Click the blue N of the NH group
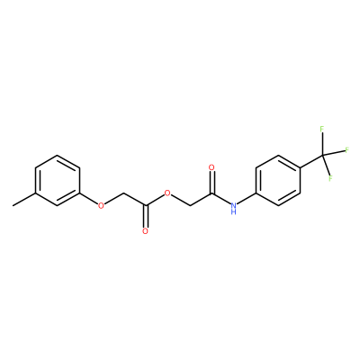(234, 205)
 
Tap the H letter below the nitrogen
(234, 212)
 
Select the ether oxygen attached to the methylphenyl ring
(101, 205)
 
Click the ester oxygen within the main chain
(167, 193)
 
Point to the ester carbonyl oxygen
(146, 231)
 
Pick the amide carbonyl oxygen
(211, 167)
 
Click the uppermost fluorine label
(322, 130)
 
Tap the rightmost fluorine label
(347, 149)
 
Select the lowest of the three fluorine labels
(331, 178)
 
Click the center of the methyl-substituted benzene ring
(58, 180)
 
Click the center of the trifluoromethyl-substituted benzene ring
(278, 180)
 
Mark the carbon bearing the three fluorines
(322, 155)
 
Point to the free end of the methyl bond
(13, 206)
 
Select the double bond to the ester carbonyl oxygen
(146, 216)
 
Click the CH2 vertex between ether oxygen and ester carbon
(123, 193)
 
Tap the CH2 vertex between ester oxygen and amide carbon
(190, 206)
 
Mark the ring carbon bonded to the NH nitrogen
(256, 193)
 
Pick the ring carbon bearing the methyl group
(36, 193)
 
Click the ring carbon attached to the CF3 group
(300, 167)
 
